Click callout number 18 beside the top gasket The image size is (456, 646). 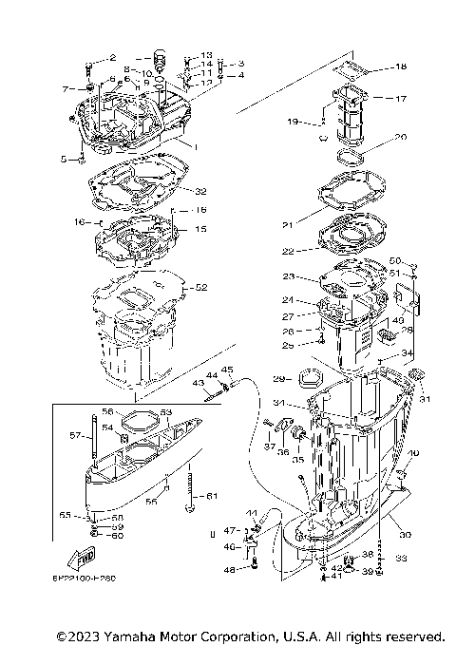pos(401,67)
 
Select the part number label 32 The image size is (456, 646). pos(200,191)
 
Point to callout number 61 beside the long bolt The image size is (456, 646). pos(212,496)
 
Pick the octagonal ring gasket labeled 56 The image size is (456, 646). pos(139,419)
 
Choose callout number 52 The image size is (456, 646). pos(200,286)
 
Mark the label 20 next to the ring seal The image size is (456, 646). pos(400,137)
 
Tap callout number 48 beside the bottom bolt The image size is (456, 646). pos(229,570)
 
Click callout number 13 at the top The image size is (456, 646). pos(207,55)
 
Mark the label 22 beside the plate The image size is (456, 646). pos(288,252)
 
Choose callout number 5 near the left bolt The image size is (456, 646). pos(65,160)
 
